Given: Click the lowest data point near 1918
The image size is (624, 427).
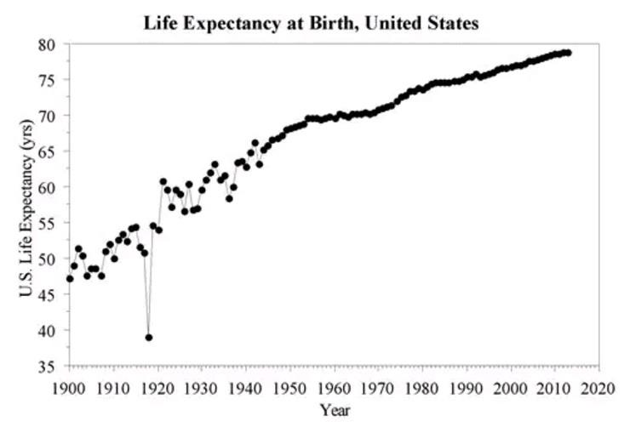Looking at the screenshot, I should (x=149, y=338).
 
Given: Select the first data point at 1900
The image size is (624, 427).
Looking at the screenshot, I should (x=70, y=279).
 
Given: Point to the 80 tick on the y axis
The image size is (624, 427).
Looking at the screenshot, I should (x=49, y=44).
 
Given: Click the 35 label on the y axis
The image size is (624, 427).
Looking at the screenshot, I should (x=49, y=367).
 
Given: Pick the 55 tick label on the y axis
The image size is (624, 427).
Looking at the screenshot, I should (x=49, y=223).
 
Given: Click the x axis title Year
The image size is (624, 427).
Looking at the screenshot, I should (x=335, y=410).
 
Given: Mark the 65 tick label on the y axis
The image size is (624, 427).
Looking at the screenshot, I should (x=49, y=151).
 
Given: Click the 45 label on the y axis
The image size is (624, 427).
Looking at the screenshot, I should (x=49, y=295).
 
